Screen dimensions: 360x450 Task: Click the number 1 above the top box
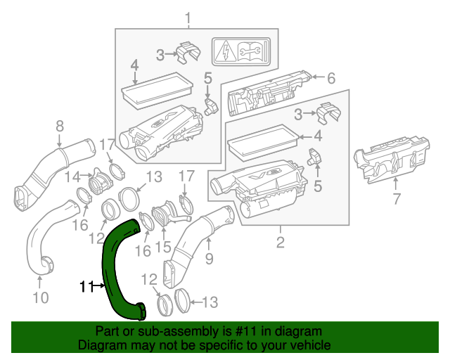[x=187, y=16]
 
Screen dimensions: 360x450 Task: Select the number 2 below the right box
[x=280, y=243]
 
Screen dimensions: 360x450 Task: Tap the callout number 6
[x=331, y=78]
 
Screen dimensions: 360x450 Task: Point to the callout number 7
[x=396, y=199]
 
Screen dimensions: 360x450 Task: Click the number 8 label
[x=59, y=126]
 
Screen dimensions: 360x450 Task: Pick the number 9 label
[x=208, y=259]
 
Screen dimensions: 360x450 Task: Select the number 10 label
[x=41, y=297]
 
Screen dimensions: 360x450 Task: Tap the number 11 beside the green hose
[x=86, y=286]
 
